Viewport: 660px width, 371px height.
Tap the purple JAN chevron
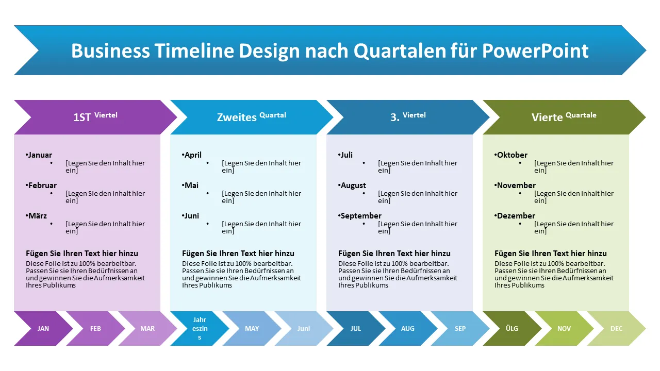pos(43,328)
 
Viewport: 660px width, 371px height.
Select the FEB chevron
pos(95,328)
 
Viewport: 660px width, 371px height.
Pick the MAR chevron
pos(147,328)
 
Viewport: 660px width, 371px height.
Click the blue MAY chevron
pos(252,328)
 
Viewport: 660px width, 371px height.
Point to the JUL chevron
pos(356,328)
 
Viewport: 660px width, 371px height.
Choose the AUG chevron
pos(408,328)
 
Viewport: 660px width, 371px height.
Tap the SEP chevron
pos(460,328)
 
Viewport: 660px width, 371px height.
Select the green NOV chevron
pos(564,328)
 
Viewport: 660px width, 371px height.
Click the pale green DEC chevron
pos(617,328)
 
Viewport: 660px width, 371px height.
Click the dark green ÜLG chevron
pos(512,328)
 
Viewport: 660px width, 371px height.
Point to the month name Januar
pos(40,155)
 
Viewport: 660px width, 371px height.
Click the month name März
pos(38,215)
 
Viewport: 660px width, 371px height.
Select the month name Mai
pos(191,185)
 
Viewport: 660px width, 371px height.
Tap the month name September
pos(361,215)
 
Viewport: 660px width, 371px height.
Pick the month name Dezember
pos(516,215)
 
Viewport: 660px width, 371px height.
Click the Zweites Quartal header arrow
pos(251,117)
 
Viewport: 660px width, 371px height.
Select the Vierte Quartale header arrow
pos(564,117)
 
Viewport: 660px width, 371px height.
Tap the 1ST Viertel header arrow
pos(95,117)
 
